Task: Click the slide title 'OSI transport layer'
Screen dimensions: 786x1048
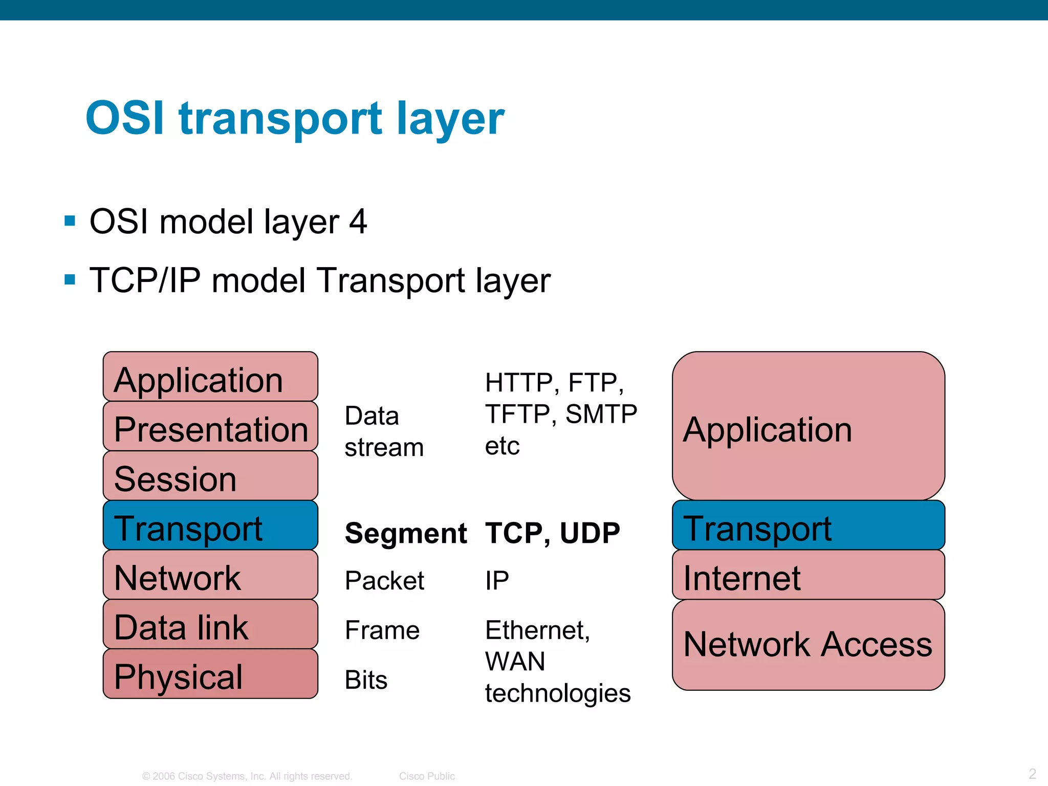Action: [x=295, y=119]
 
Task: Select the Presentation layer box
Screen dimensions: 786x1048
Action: [x=210, y=426]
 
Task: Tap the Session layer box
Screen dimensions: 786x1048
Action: [x=210, y=476]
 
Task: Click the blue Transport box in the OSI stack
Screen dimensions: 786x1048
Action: [x=210, y=526]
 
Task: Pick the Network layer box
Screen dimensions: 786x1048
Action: [x=210, y=575]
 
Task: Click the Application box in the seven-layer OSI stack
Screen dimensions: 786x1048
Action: [x=210, y=377]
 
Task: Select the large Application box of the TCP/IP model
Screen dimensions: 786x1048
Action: [x=808, y=426]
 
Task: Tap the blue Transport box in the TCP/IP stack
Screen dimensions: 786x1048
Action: [x=808, y=526]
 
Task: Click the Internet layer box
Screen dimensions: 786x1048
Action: [x=808, y=575]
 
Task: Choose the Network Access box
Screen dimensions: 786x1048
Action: [x=808, y=645]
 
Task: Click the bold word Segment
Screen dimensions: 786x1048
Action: [x=405, y=533]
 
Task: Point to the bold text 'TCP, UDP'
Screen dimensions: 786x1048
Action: [x=552, y=533]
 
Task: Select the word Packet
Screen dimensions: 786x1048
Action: [x=384, y=581]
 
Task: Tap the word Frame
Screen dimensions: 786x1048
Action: [x=382, y=630]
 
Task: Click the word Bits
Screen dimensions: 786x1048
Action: [x=366, y=680]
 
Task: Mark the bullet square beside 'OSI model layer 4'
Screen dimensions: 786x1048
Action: [x=70, y=221]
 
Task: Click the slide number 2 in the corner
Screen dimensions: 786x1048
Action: [x=1032, y=773]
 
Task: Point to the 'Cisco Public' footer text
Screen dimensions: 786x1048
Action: [x=427, y=776]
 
